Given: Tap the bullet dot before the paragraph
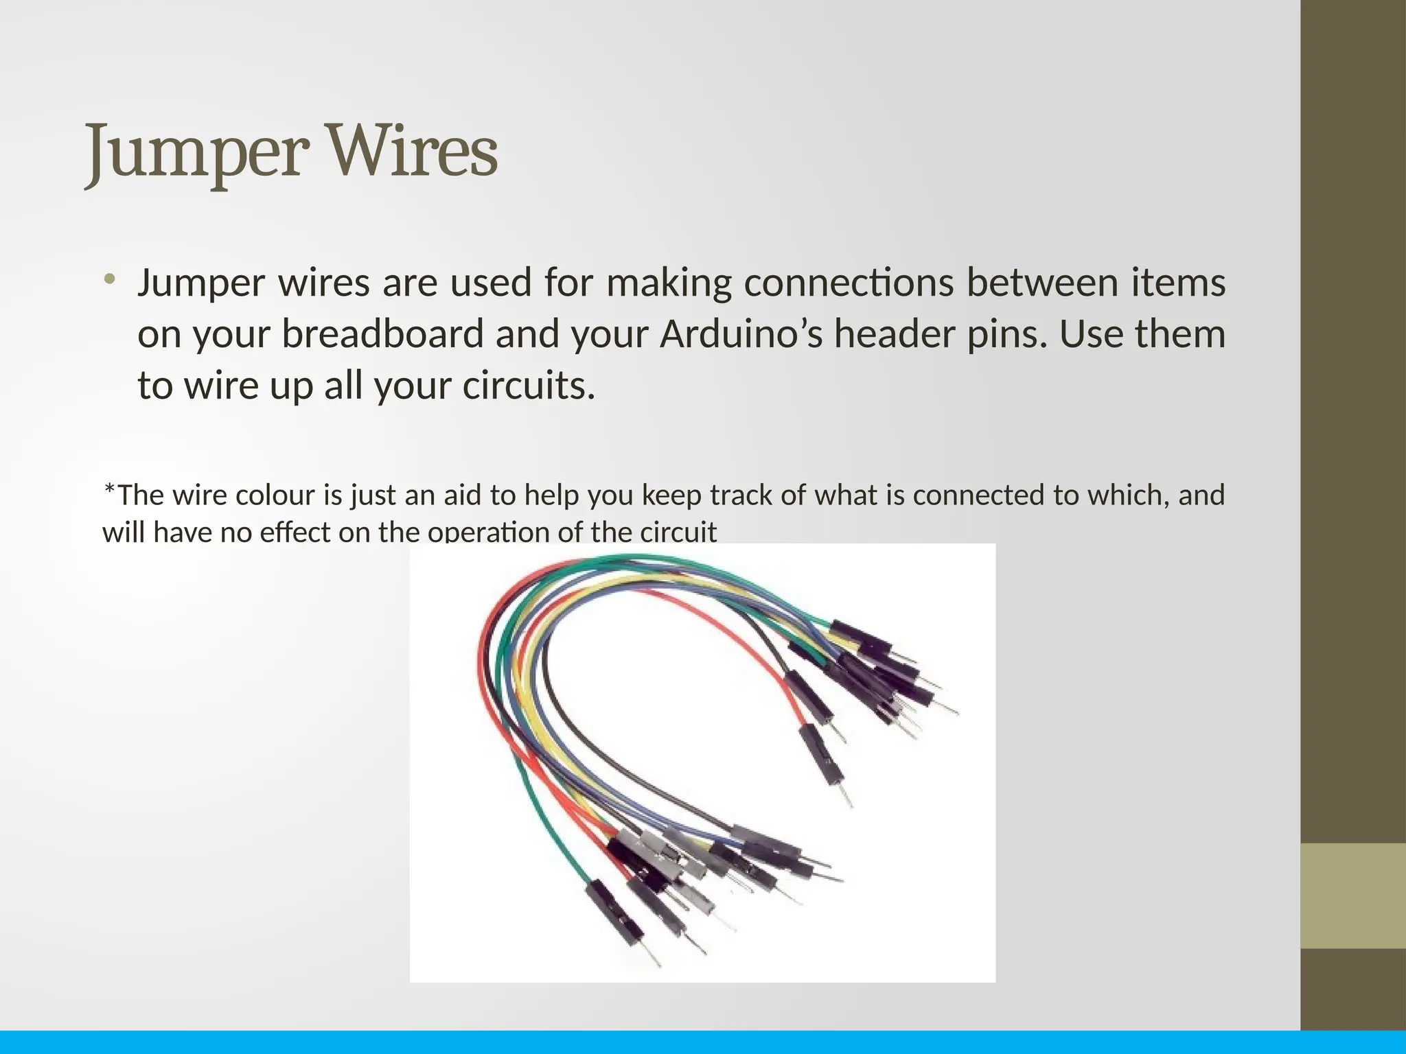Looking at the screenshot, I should point(108,279).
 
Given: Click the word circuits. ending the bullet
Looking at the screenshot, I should point(529,386).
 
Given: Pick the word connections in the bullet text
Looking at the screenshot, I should point(849,283).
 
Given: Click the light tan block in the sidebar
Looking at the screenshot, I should point(1353,896).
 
